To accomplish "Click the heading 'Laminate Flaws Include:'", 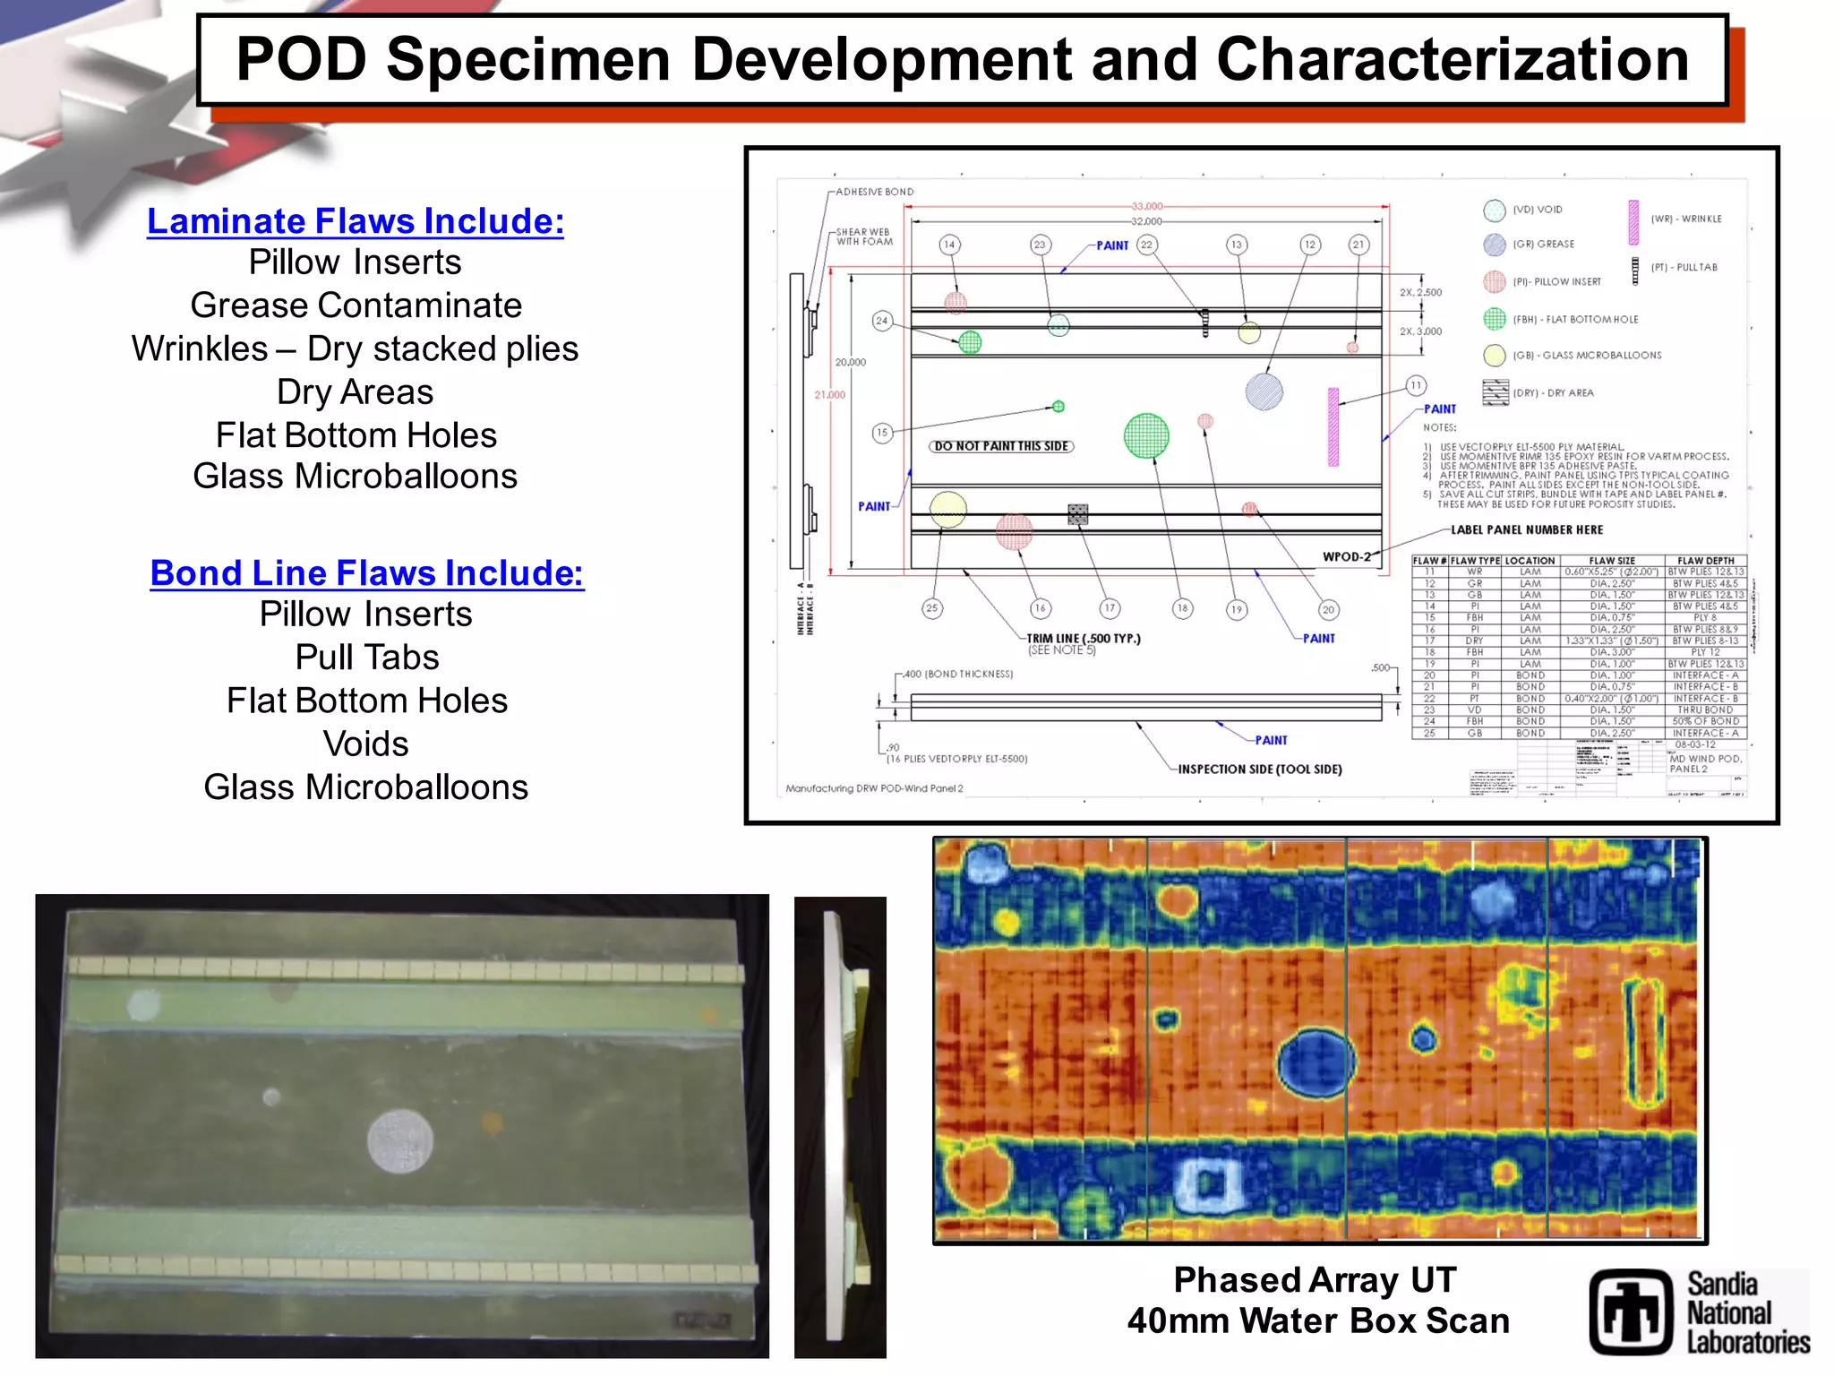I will [356, 221].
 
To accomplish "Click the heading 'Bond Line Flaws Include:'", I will [366, 573].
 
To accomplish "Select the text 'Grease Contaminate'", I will [356, 305].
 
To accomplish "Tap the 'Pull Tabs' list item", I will [366, 658].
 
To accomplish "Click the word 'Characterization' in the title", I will [1452, 60].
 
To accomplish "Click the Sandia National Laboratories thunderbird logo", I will [1631, 1311].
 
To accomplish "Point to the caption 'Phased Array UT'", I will [1315, 1280].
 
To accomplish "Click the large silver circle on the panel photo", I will [400, 1141].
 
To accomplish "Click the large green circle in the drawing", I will [1146, 436].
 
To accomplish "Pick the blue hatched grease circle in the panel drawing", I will [1264, 391].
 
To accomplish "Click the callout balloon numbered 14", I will [949, 245].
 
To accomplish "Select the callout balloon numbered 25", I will [932, 608].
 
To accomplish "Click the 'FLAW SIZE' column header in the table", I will [1612, 561].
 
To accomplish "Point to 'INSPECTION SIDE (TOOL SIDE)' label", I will [1259, 770].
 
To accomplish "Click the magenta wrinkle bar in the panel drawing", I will [1333, 426].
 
